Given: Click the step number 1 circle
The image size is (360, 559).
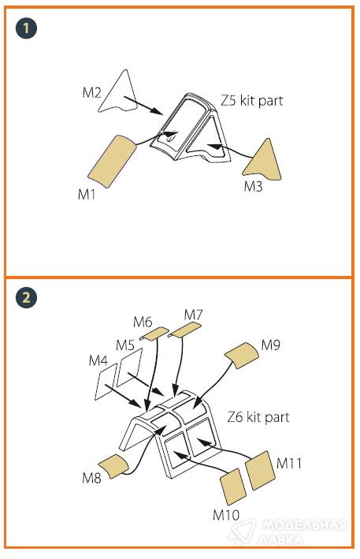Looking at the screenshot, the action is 26,28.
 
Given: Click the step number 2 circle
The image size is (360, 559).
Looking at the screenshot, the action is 26,297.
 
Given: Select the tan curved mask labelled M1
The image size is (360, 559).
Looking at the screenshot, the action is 111,160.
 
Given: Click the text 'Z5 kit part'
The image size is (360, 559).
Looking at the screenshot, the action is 252,101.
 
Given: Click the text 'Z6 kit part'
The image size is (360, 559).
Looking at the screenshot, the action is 258,417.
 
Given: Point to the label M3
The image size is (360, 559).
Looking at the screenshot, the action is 253,186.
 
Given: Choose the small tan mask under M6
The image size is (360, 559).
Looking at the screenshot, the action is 154,334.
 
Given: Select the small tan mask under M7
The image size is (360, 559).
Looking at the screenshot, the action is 185,330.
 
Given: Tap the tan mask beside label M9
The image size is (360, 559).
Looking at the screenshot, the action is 241,355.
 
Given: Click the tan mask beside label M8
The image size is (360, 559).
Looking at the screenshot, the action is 113,466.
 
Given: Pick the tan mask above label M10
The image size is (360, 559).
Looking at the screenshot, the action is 233,486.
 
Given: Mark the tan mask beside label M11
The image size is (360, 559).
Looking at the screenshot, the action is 260,470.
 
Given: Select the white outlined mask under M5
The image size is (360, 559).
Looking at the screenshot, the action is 129,367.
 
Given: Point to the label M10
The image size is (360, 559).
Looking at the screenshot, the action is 226,515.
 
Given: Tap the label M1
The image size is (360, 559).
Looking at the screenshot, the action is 87,194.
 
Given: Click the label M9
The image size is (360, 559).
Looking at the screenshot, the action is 271,345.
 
